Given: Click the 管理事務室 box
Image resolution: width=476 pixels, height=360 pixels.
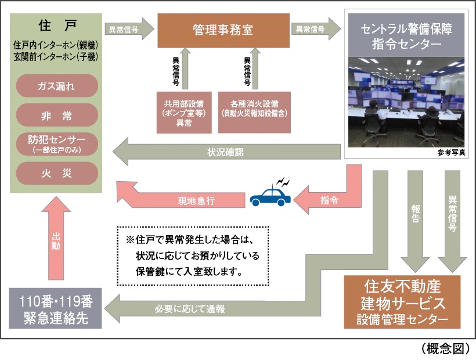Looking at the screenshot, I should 223,30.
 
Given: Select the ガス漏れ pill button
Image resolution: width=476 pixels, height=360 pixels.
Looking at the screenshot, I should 56,86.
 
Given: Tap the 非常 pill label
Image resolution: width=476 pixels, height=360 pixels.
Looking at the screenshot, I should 56,115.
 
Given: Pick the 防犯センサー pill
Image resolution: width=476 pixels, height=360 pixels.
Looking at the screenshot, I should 56,143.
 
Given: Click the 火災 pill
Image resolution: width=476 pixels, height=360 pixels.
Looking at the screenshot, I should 56,172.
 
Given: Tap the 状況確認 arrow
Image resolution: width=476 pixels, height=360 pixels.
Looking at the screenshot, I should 226,153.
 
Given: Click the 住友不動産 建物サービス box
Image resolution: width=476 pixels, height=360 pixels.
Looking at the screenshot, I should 402,303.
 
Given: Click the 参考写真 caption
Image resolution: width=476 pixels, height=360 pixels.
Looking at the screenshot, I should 452,153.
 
